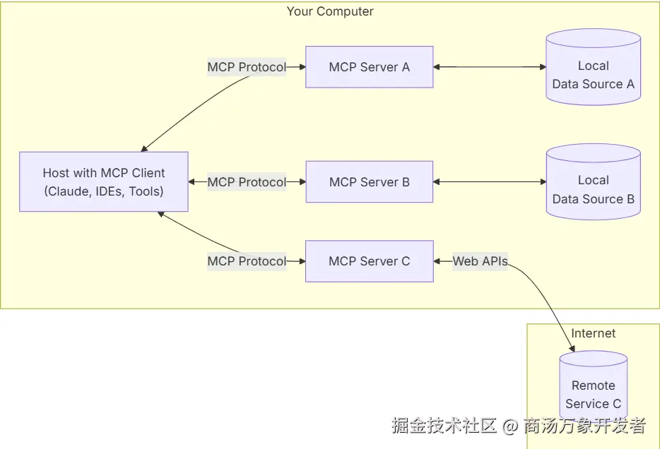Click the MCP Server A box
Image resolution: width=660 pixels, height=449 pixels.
(x=369, y=67)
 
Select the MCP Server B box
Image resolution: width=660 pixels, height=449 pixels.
(x=369, y=181)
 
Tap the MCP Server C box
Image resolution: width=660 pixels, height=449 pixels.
(x=369, y=261)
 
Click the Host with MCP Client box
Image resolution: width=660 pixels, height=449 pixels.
(x=104, y=181)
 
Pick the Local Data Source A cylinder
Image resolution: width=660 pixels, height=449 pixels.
(x=593, y=67)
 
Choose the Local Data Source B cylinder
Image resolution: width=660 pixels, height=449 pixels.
(x=593, y=181)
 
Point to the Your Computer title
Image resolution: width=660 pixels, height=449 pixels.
(x=330, y=11)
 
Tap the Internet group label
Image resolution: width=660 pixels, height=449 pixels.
(x=593, y=333)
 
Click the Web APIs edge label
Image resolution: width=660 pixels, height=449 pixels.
(x=481, y=261)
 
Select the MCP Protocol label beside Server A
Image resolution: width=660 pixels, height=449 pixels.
(x=247, y=67)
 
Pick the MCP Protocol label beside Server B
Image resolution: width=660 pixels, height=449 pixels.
(x=247, y=181)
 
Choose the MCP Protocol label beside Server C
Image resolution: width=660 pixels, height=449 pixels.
(x=247, y=261)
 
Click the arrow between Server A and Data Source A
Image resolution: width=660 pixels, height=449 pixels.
(x=490, y=67)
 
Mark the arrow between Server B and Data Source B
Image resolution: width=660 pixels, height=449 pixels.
(x=490, y=181)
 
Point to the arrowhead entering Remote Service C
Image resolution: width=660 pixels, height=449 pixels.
(x=572, y=349)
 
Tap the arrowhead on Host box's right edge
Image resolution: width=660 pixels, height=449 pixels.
(x=191, y=181)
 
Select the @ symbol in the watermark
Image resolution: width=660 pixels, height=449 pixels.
(x=509, y=426)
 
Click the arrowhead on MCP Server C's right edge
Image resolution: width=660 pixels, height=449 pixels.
(x=437, y=261)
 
